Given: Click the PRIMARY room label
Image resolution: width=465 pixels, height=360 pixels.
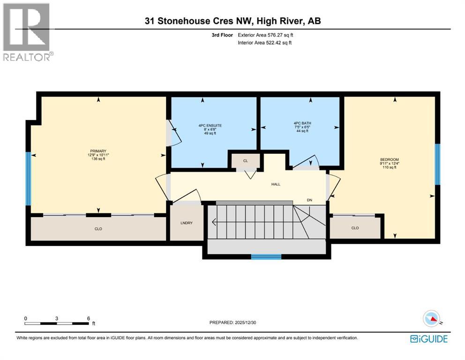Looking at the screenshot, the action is coord(98,151).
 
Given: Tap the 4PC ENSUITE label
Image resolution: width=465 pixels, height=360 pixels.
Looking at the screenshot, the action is coord(210,126).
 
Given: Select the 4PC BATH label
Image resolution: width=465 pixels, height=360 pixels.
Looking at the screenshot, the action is coord(302,123).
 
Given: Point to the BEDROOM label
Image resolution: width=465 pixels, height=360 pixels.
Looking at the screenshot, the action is coord(390,159).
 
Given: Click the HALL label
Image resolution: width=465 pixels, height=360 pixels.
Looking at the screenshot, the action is coord(276,184).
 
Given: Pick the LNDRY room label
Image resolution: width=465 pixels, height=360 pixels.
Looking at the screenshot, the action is coord(187,223).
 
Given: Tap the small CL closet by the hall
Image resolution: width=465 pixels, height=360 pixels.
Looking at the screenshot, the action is coord(246,161).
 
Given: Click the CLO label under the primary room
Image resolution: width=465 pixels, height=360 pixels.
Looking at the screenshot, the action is coord(98,229).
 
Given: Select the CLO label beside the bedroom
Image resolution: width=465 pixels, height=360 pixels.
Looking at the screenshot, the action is coord(355,228).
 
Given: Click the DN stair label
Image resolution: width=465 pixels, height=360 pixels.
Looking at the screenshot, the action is coord(309,200).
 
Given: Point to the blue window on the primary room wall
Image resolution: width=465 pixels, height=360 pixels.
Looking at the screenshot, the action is coord(28,179).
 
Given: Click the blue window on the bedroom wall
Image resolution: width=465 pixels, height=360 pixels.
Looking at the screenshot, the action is coord(437,164).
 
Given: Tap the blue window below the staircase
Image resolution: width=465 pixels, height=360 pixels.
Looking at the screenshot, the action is coord(266,256).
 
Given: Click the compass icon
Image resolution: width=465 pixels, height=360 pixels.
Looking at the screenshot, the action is coord(432,319).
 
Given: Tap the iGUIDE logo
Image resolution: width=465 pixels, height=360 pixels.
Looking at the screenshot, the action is coord(429,339).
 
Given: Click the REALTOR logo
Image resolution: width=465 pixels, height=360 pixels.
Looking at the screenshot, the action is coord(28,32).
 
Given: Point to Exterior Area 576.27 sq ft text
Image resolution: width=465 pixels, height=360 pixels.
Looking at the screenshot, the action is coord(265,35).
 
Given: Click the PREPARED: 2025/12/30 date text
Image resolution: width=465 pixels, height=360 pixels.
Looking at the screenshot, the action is coord(232,322).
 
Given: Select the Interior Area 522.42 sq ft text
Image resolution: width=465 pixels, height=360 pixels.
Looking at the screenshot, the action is coord(264,43).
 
